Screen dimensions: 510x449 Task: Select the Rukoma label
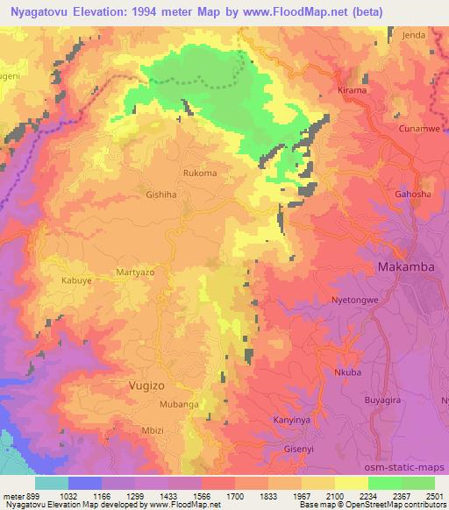(200, 174)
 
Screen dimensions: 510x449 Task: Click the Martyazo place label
(135, 273)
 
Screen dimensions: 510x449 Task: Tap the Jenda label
(411, 36)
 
